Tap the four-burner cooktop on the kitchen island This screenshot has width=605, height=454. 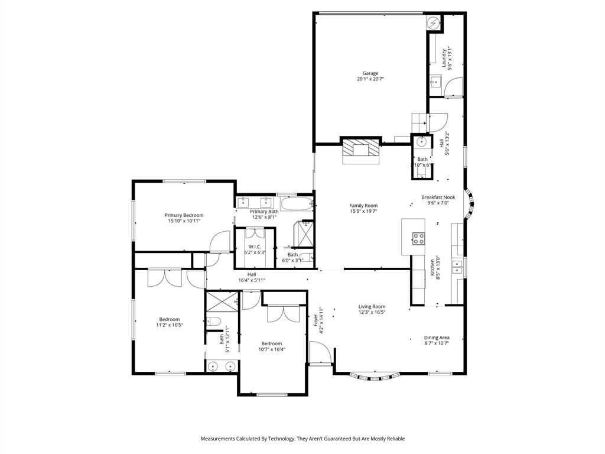[418, 239]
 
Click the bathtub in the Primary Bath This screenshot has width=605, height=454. [296, 205]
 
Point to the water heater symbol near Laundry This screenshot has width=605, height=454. [434, 22]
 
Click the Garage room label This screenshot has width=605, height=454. [370, 73]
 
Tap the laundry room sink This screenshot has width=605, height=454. [436, 81]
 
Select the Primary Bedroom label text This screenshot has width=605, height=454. [184, 215]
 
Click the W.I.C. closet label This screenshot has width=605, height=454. [255, 247]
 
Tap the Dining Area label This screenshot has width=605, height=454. [437, 338]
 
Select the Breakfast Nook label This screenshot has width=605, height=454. [438, 197]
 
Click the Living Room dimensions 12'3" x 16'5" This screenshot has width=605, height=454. [372, 312]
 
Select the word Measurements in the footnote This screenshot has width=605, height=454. [220, 439]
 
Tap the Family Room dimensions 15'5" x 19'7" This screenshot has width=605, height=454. [363, 211]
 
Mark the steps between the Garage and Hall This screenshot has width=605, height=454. [418, 121]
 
